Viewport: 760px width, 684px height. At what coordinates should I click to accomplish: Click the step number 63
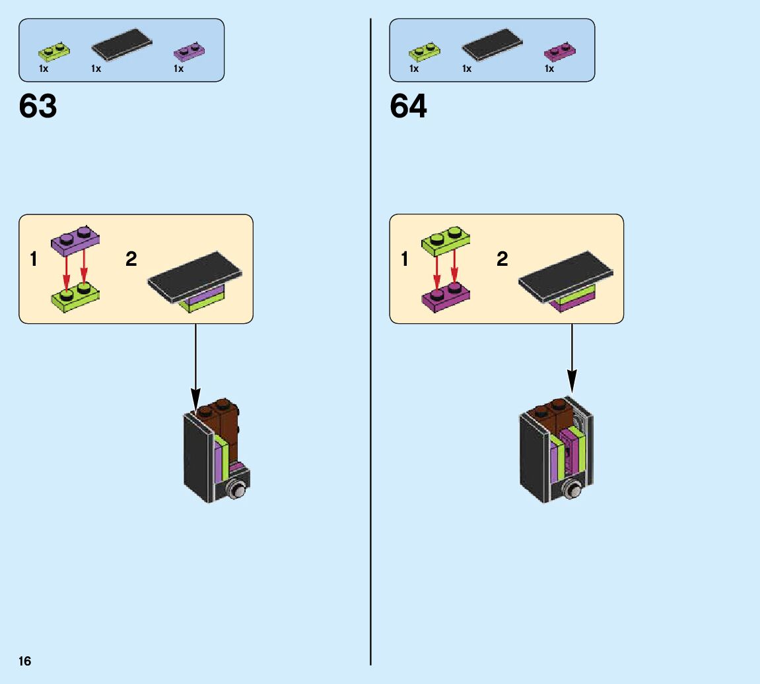[38, 106]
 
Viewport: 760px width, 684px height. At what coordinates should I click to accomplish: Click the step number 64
[408, 106]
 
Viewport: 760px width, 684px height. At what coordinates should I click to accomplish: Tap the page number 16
[25, 661]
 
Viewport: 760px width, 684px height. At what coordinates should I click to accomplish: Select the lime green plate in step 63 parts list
[54, 51]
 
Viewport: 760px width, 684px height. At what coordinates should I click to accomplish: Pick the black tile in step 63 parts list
[121, 46]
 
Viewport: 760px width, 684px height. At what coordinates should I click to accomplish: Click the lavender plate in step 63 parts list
[189, 52]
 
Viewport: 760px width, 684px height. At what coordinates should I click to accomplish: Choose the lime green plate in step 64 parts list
[425, 51]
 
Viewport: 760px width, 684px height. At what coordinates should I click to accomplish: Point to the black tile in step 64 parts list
[492, 46]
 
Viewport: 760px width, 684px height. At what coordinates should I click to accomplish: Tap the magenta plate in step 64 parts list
[559, 52]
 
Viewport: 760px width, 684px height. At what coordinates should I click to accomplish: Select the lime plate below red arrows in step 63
[75, 295]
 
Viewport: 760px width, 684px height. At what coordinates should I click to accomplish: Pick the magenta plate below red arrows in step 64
[446, 295]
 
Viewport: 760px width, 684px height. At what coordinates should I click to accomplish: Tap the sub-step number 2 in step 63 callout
[131, 259]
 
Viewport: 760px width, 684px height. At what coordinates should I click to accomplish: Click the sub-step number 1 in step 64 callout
[404, 259]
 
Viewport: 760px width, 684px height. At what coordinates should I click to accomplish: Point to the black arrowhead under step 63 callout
[195, 399]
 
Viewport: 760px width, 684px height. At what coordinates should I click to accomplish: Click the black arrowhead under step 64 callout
[572, 381]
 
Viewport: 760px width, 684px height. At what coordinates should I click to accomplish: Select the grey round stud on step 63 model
[236, 489]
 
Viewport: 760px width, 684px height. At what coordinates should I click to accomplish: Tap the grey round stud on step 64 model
[574, 490]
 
